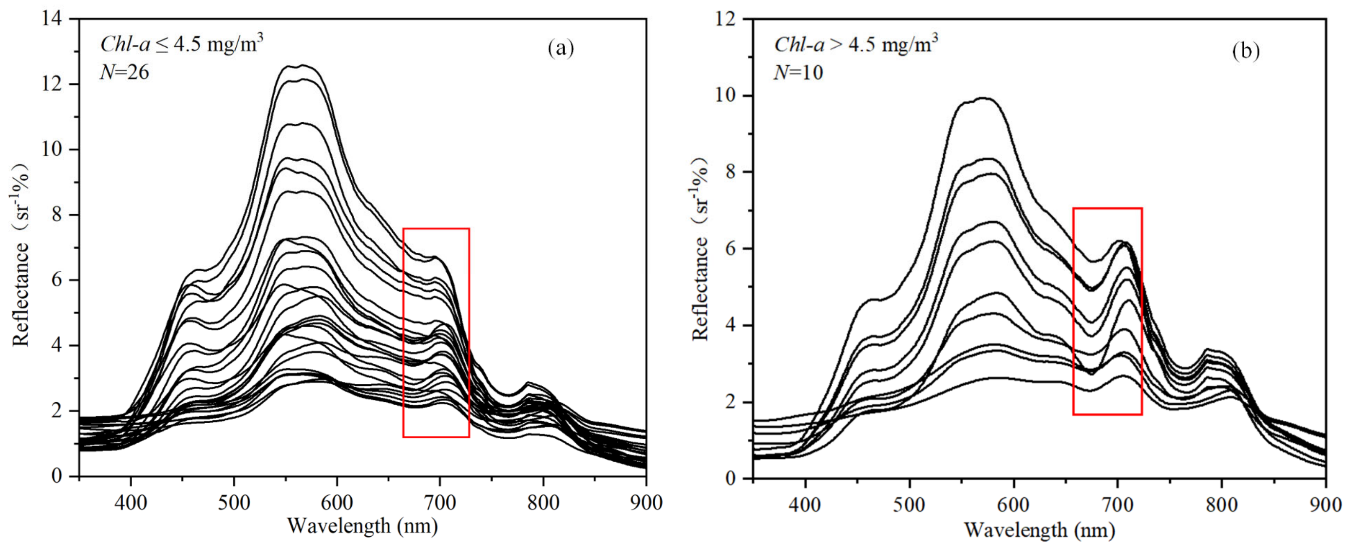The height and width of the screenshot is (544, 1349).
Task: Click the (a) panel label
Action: point(560,49)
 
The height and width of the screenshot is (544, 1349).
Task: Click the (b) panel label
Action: point(1246,51)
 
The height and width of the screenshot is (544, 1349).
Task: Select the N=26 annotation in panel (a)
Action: point(125,72)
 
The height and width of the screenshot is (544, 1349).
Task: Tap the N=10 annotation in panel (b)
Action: point(798,72)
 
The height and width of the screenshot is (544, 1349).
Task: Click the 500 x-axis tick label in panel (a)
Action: point(234,503)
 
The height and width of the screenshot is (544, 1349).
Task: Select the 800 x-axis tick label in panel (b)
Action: point(1222,505)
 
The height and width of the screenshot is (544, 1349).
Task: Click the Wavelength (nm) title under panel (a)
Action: point(362,525)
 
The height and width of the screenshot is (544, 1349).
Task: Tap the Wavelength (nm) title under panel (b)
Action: point(1040,530)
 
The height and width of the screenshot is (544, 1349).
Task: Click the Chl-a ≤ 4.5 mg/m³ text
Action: point(181,44)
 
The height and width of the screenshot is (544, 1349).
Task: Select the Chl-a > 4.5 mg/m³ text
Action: point(855,44)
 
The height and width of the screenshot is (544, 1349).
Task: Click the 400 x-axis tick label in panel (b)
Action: point(805,505)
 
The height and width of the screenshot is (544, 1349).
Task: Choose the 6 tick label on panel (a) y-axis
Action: point(56,280)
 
